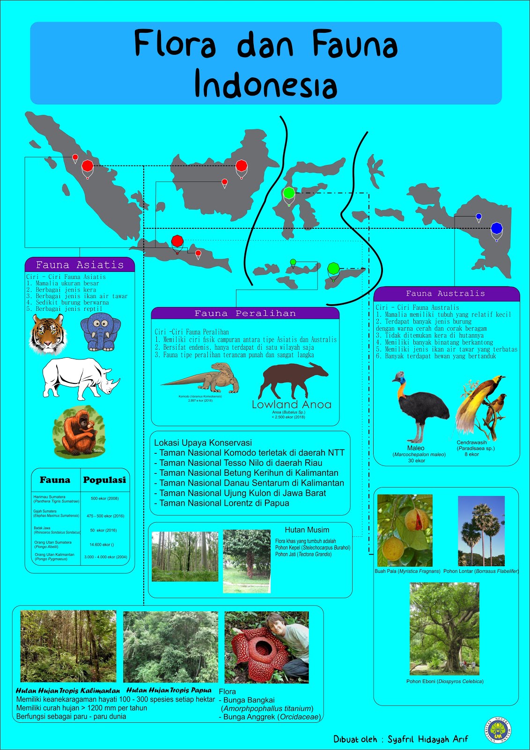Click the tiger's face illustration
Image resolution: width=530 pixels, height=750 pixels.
click(x=48, y=334)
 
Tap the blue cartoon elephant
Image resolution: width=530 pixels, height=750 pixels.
click(x=100, y=332)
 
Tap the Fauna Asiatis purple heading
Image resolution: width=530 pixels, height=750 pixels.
click(x=80, y=265)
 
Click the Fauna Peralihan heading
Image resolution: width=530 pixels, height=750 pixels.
click(x=245, y=313)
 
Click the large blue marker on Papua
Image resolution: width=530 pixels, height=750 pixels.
click(x=496, y=229)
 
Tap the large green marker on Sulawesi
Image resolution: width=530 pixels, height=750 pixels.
click(x=289, y=193)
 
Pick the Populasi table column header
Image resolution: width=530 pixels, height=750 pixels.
click(x=104, y=480)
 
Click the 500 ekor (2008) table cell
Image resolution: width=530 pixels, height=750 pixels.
click(x=105, y=498)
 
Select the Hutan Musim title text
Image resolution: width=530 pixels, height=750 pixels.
click(x=307, y=530)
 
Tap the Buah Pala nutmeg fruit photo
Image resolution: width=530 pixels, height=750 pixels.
click(x=405, y=530)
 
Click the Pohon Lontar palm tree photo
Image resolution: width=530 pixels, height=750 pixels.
click(x=481, y=531)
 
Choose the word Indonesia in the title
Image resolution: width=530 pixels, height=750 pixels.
click(x=265, y=84)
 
